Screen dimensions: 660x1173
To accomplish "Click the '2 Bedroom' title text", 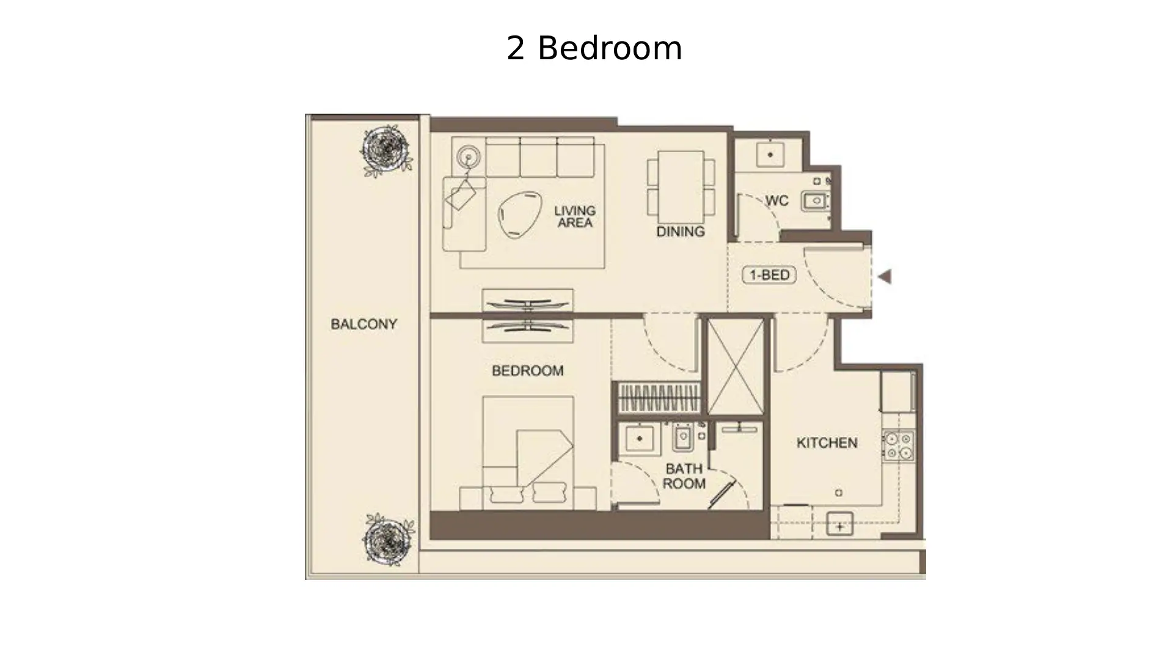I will click(594, 48).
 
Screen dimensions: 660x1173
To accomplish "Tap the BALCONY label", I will click(364, 324).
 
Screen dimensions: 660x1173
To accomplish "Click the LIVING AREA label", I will click(574, 217).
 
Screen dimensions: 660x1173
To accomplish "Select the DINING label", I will click(680, 232).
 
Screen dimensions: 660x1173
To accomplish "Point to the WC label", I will click(777, 201).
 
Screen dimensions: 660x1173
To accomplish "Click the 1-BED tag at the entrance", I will click(769, 275).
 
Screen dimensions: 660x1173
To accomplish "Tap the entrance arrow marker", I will click(884, 277).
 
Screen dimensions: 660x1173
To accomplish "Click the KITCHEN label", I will click(827, 442).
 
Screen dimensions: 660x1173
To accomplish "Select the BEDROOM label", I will click(527, 370).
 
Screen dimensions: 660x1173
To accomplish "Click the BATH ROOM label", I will click(684, 476).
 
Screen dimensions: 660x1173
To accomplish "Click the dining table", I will click(681, 187).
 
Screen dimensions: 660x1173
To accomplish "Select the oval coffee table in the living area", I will click(519, 214).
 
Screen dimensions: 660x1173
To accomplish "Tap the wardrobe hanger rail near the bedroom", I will click(659, 398).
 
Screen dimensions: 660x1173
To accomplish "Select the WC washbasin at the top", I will click(770, 155).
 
